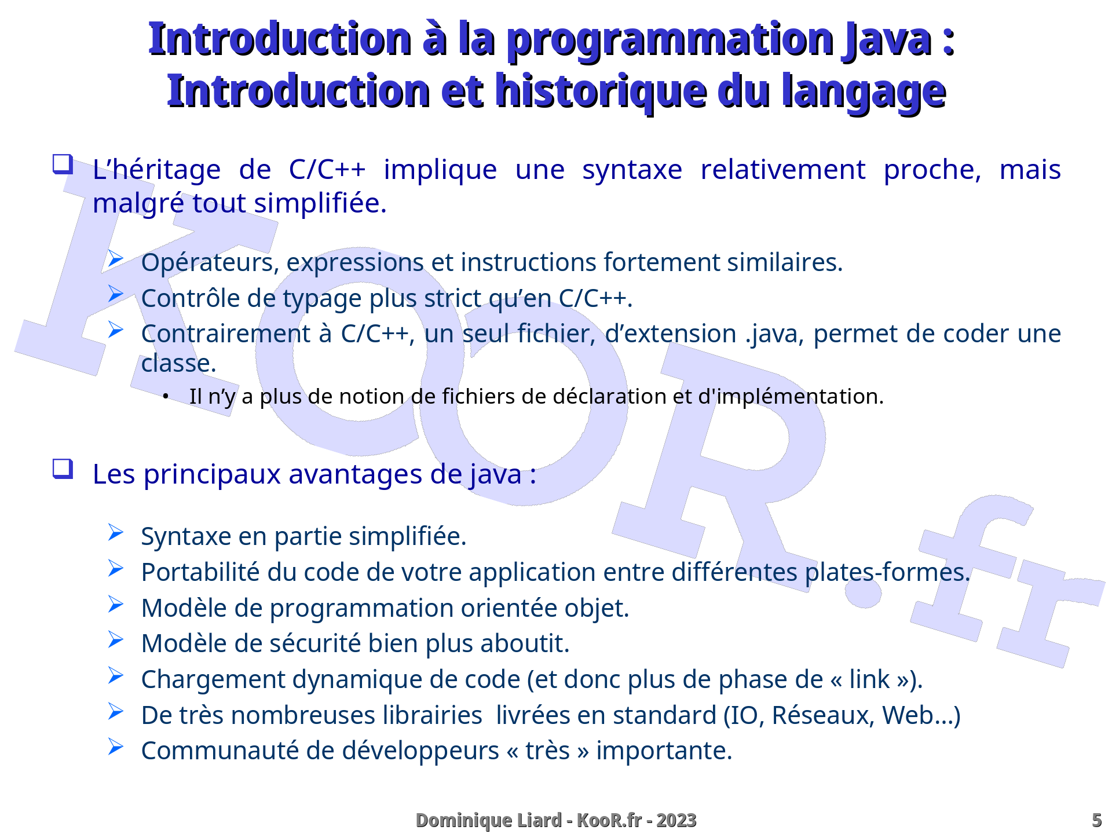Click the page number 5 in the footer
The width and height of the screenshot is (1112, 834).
click(1096, 820)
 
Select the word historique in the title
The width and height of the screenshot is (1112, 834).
click(601, 92)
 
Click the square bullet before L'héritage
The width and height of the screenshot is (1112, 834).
click(63, 164)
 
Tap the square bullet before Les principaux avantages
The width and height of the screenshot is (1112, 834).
click(63, 468)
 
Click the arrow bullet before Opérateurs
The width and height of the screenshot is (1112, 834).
click(116, 258)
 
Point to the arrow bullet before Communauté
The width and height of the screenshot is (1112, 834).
click(116, 747)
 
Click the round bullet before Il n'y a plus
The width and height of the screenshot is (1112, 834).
click(166, 397)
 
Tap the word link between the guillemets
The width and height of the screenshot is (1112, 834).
click(869, 679)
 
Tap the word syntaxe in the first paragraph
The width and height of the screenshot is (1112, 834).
click(632, 170)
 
